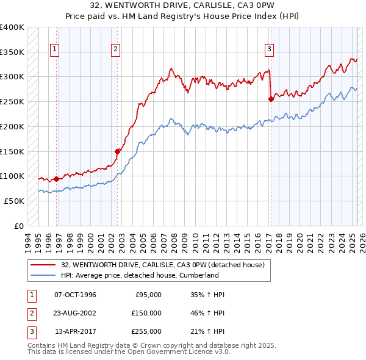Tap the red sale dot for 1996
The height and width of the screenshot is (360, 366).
coord(56,179)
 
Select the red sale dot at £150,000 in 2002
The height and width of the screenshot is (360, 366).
coord(117,151)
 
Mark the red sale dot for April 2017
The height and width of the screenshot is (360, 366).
coord(271,98)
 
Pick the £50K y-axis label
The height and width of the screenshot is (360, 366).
coord(15,201)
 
